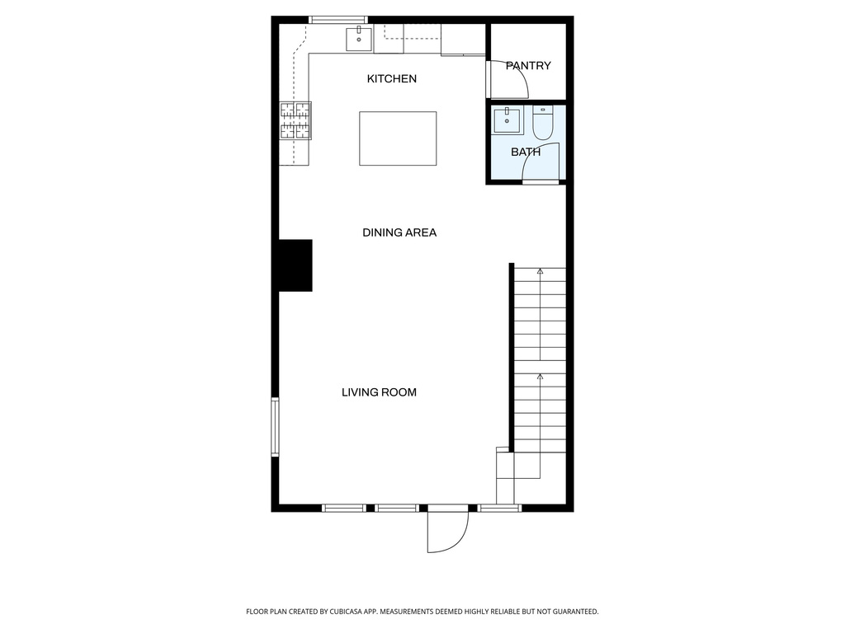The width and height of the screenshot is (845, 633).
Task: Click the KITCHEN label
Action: tap(392, 79)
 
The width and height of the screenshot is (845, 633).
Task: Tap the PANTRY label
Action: tap(528, 66)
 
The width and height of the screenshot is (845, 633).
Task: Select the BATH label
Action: tap(526, 152)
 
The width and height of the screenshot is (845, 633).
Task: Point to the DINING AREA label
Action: tap(399, 232)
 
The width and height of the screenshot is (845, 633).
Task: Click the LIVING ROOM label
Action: tap(379, 392)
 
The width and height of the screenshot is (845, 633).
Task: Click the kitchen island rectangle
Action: tap(398, 138)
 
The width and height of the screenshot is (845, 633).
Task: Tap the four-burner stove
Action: tap(295, 120)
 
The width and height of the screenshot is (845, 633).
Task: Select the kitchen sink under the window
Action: tap(359, 36)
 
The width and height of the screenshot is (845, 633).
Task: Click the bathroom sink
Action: tap(507, 120)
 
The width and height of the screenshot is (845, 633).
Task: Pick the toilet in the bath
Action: tap(543, 124)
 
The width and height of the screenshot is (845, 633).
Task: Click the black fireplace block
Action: tap(295, 265)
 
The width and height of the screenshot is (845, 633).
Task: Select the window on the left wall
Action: tap(276, 426)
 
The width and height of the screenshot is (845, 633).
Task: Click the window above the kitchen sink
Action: tap(337, 20)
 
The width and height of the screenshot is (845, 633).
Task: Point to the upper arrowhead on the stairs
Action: tap(541, 270)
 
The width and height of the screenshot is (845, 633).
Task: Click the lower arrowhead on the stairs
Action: tap(541, 376)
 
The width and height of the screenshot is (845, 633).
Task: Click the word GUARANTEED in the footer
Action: tap(570, 612)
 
